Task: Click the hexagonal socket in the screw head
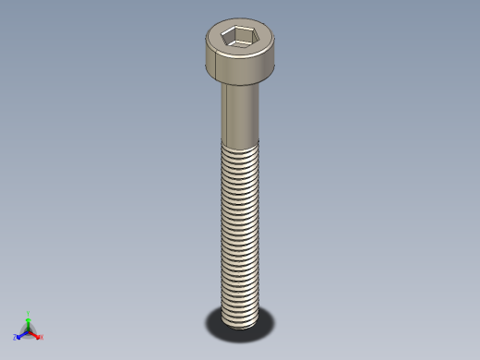(x=238, y=37)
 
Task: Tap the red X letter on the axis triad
(x=42, y=336)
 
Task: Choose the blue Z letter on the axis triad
(x=15, y=337)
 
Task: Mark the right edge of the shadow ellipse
(x=274, y=321)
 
